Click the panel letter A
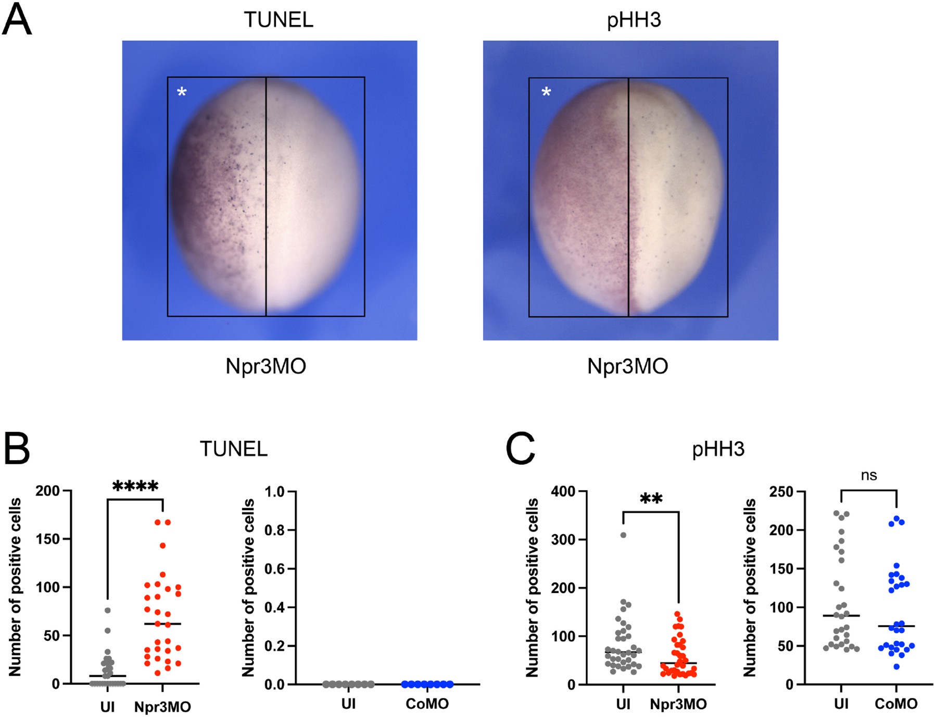click(x=17, y=20)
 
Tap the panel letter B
click(x=17, y=449)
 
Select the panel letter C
click(x=521, y=449)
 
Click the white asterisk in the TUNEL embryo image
click(x=182, y=93)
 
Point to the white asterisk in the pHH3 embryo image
click(x=546, y=93)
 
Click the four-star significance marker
click(x=135, y=487)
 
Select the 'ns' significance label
click(x=869, y=475)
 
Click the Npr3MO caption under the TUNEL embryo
click(x=266, y=366)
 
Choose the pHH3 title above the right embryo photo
click(x=634, y=20)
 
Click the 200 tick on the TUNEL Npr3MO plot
click(x=47, y=491)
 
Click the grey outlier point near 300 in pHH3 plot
click(x=623, y=535)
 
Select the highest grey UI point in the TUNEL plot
click(x=108, y=610)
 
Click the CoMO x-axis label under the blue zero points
click(x=427, y=704)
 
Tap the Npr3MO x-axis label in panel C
click(x=678, y=704)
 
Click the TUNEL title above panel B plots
click(x=234, y=449)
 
